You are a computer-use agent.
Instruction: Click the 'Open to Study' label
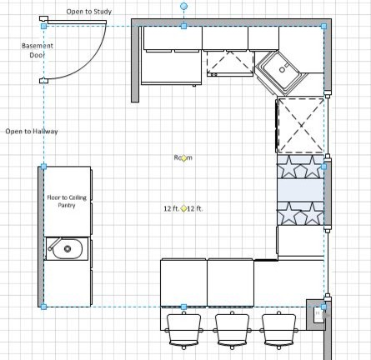pyautogui.click(x=88, y=12)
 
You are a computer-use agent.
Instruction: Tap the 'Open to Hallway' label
pyautogui.click(x=32, y=132)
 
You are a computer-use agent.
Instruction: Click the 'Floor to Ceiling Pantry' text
pyautogui.click(x=67, y=201)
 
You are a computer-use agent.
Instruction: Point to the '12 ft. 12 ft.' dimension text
pyautogui.click(x=183, y=208)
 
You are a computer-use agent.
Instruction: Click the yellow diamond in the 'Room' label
pyautogui.click(x=183, y=157)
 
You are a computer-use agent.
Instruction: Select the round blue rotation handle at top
pyautogui.click(x=184, y=6)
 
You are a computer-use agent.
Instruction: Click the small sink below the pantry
pyautogui.click(x=66, y=247)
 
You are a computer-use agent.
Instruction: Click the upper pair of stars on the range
pyautogui.click(x=300, y=167)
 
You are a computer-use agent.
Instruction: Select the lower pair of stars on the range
pyautogui.click(x=300, y=214)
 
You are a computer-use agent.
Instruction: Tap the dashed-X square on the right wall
pyautogui.click(x=300, y=121)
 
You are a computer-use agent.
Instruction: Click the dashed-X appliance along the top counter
pyautogui.click(x=228, y=63)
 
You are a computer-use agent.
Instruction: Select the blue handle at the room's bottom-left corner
pyautogui.click(x=43, y=307)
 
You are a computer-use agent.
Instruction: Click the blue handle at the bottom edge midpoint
pyautogui.click(x=183, y=307)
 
